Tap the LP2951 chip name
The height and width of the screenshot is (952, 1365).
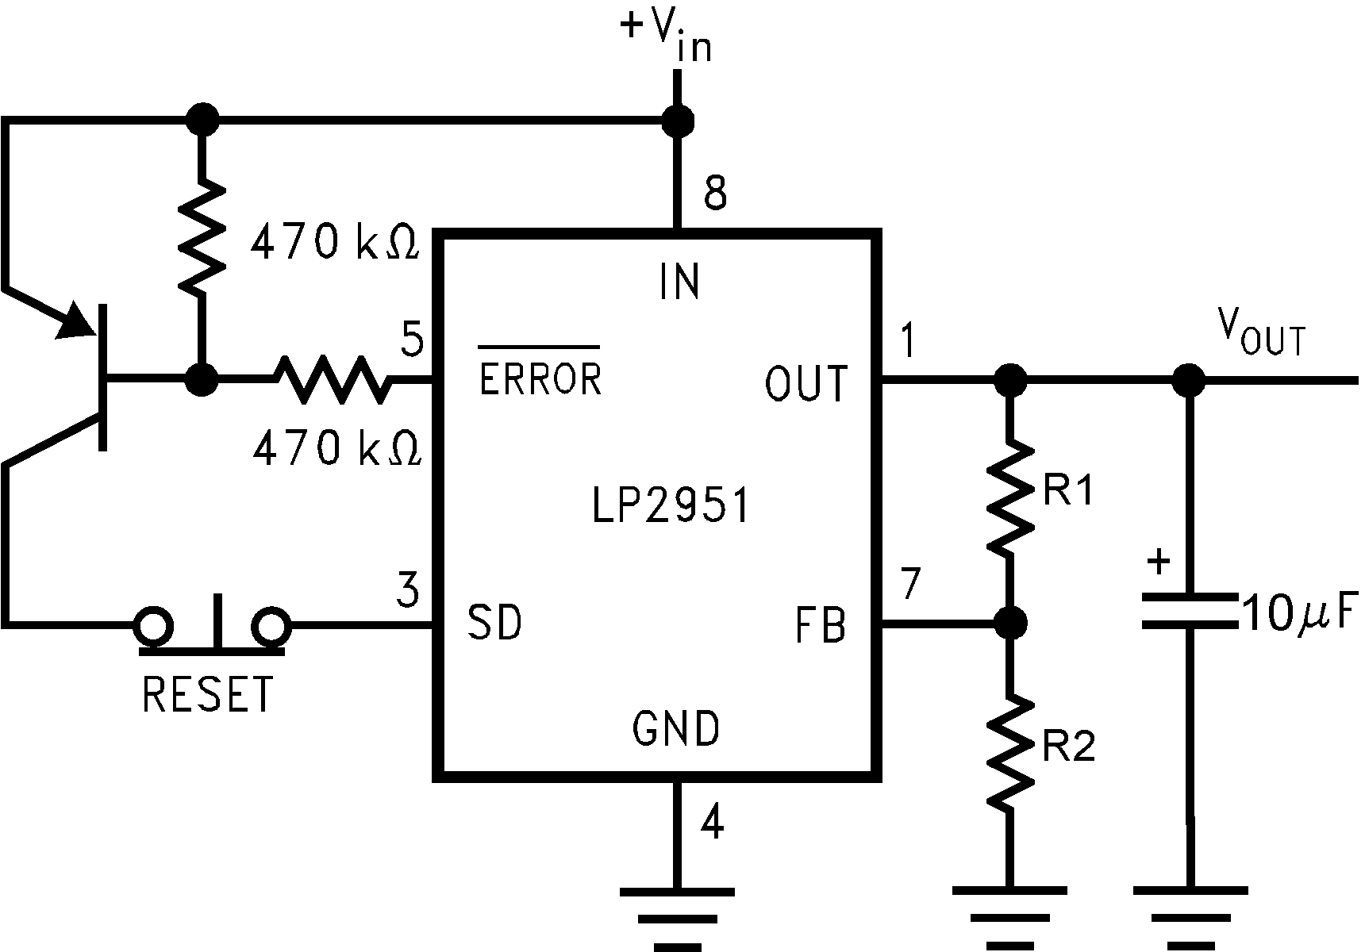click(x=671, y=505)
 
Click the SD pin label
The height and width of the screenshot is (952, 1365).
click(x=494, y=622)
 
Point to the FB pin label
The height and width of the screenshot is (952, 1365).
click(x=820, y=625)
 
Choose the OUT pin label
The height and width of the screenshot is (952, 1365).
click(x=806, y=384)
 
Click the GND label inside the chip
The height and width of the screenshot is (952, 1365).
click(x=676, y=727)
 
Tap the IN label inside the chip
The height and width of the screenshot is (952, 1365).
click(x=679, y=282)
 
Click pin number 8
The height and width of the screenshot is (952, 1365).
click(x=715, y=192)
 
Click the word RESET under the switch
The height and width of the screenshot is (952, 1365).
click(x=208, y=694)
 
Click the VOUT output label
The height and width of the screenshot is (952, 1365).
click(x=1261, y=334)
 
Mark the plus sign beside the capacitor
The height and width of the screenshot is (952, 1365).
click(x=1159, y=562)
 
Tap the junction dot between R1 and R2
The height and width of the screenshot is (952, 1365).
click(x=1009, y=622)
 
